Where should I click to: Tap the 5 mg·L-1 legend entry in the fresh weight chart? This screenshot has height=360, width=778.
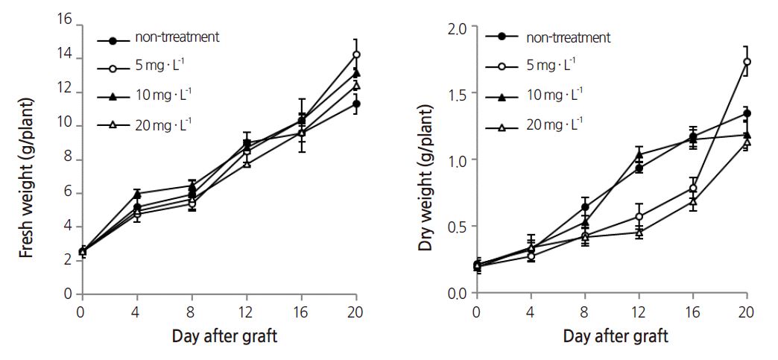[160, 67]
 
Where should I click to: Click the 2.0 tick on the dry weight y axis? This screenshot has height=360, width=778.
[456, 28]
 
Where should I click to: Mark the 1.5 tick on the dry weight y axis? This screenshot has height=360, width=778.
[456, 94]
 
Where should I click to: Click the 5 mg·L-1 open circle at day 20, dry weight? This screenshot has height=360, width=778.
[746, 62]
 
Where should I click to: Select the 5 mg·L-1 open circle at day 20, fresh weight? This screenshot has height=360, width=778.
[356, 54]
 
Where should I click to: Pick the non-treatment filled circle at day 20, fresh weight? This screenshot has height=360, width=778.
[356, 104]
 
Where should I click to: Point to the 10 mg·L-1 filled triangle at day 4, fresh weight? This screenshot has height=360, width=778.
[137, 194]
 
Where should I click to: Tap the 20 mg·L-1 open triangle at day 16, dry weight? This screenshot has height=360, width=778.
[693, 201]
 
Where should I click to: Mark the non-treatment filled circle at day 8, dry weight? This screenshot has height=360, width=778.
[585, 207]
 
